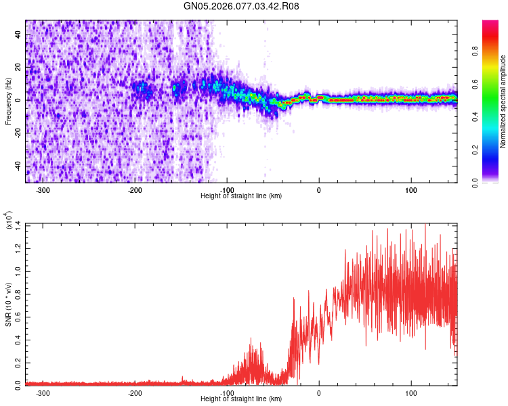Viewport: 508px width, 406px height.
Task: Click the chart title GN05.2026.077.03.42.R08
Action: pyautogui.click(x=242, y=6)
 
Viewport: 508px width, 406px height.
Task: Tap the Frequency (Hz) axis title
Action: pyautogui.click(x=8, y=101)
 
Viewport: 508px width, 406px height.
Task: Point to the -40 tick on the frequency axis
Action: pyautogui.click(x=17, y=166)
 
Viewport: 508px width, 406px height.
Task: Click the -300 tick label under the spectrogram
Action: pyautogui.click(x=43, y=189)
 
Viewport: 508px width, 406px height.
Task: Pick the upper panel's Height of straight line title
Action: pyautogui.click(x=241, y=196)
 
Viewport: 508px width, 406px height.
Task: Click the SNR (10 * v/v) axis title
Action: pyautogui.click(x=8, y=304)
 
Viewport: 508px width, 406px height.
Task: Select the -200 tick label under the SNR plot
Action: pyautogui.click(x=135, y=392)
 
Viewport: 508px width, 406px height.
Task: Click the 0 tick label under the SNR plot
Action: pyautogui.click(x=319, y=392)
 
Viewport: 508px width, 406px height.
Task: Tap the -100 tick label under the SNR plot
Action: pyautogui.click(x=227, y=392)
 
